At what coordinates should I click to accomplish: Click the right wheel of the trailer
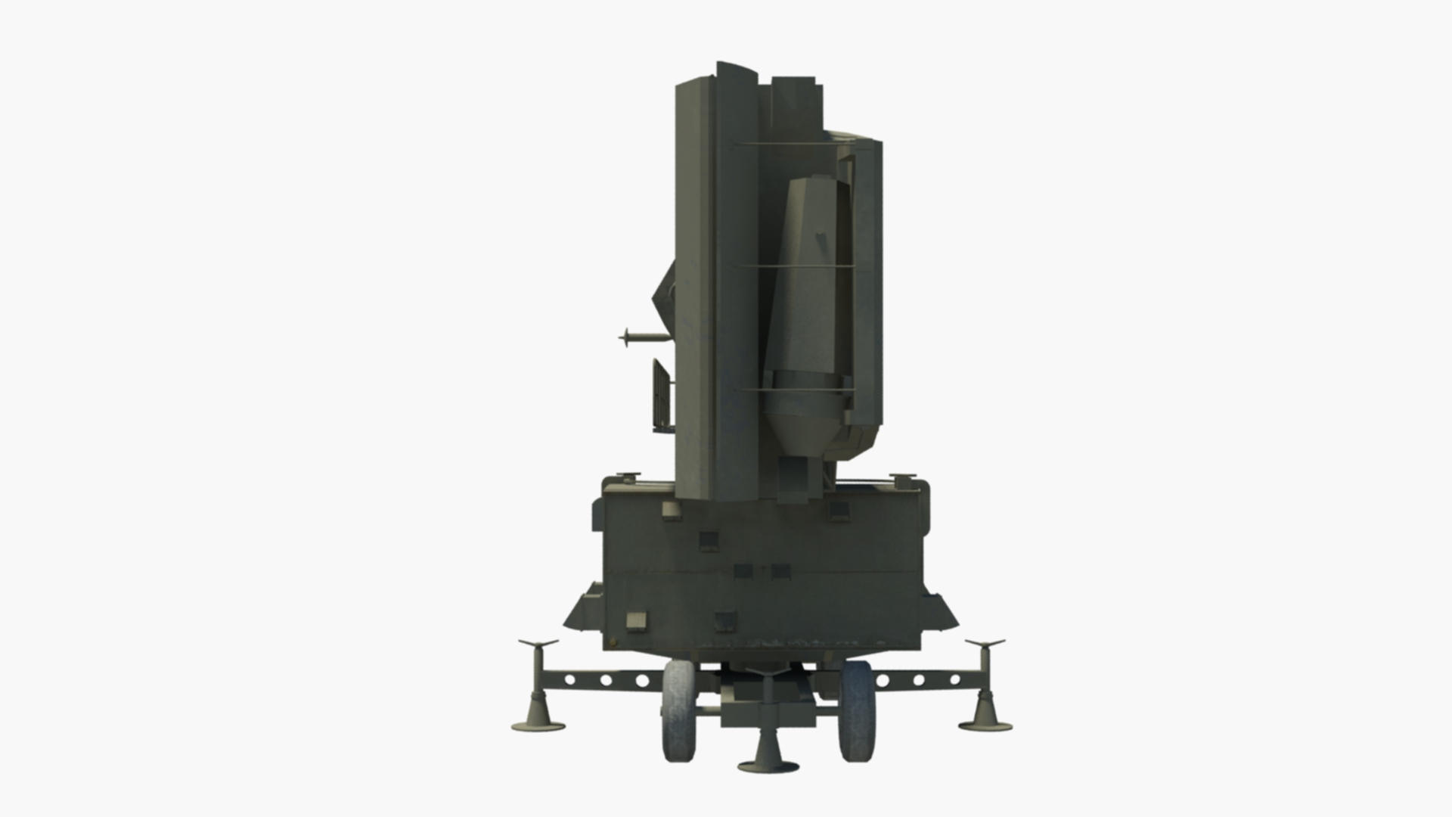[856, 711]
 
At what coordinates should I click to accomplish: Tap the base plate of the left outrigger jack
[538, 727]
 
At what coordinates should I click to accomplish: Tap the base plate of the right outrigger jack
[985, 727]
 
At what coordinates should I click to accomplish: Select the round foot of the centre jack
[768, 765]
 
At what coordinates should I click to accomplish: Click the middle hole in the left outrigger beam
[606, 680]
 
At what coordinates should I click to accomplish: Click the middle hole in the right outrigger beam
[919, 680]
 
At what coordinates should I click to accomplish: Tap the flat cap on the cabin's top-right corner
[901, 477]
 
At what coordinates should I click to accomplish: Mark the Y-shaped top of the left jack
[538, 645]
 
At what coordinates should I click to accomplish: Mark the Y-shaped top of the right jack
[985, 645]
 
